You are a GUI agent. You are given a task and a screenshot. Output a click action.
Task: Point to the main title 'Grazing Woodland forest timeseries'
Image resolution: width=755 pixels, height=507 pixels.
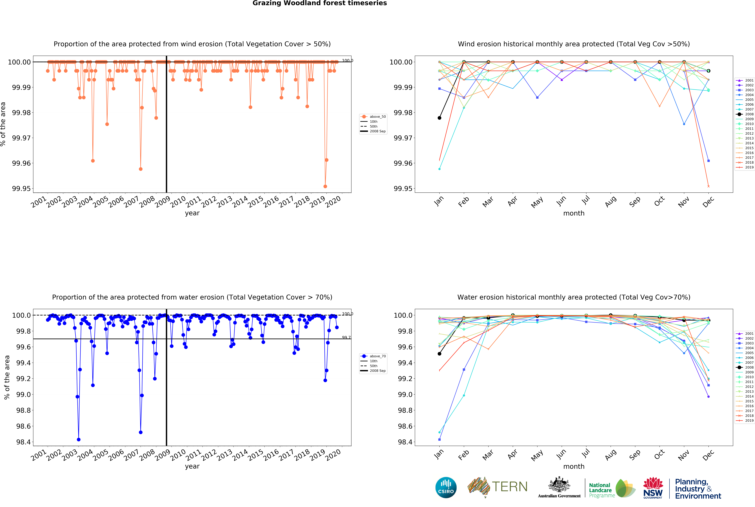(x=320, y=3)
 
